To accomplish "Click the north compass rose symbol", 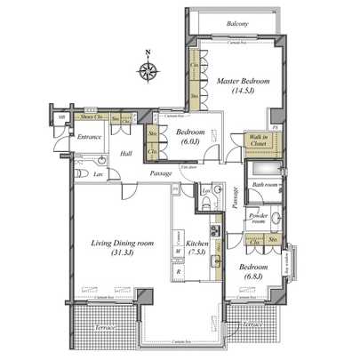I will (148, 70).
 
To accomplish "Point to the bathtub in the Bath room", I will (263, 170).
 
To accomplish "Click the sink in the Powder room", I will (276, 217).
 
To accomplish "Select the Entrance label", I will (89, 137).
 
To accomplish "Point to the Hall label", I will (125, 153).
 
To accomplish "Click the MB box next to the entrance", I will (61, 116).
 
